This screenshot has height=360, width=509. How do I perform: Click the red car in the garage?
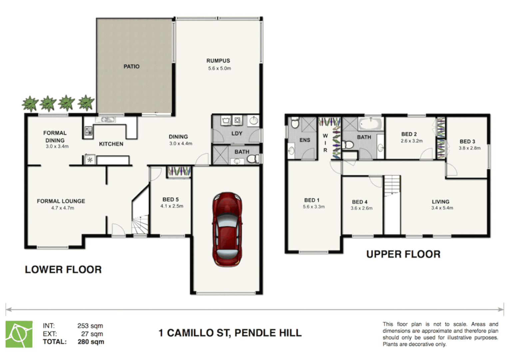click(227, 229)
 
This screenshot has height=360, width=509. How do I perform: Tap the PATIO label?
click(132, 67)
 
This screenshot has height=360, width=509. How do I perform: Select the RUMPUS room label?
click(218, 61)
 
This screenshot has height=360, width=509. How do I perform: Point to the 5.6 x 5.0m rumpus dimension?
click(220, 68)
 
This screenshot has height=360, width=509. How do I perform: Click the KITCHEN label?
click(111, 144)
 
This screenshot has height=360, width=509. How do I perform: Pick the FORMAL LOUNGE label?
click(61, 201)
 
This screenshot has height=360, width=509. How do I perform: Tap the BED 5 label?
click(171, 199)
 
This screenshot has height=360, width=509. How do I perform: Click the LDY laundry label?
click(237, 133)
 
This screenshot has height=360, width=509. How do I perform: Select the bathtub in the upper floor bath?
click(370, 123)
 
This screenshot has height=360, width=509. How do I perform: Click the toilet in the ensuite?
click(294, 123)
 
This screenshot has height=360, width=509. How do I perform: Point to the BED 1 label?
click(312, 200)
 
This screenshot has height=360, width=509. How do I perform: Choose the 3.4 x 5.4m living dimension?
click(442, 208)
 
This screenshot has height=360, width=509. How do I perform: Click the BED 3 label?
click(467, 141)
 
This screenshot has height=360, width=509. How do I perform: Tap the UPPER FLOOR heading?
click(403, 254)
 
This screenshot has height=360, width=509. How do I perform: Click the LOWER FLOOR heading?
click(63, 269)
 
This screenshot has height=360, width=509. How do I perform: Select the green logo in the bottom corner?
click(19, 334)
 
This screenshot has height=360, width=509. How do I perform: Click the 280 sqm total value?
click(91, 342)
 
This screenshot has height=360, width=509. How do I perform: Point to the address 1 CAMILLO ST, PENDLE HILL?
click(230, 333)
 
